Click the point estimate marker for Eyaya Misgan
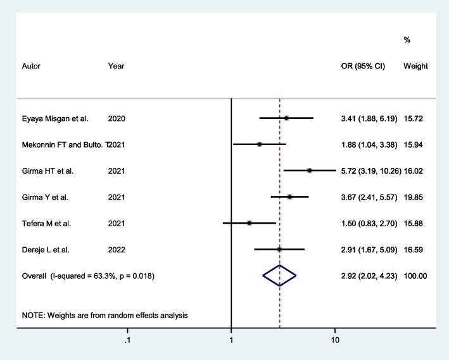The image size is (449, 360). [x=286, y=118]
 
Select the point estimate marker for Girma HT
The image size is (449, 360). [x=310, y=170]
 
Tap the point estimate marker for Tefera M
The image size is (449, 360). [x=250, y=223]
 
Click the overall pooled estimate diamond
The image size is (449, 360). [x=279, y=276]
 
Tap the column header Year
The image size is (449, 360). [x=116, y=66]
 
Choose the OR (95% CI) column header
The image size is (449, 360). [x=363, y=66]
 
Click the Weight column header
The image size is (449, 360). [x=415, y=66]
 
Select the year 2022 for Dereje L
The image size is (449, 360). [x=117, y=250]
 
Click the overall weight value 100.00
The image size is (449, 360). [x=415, y=276]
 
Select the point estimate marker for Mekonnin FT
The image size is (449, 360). [x=260, y=145]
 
